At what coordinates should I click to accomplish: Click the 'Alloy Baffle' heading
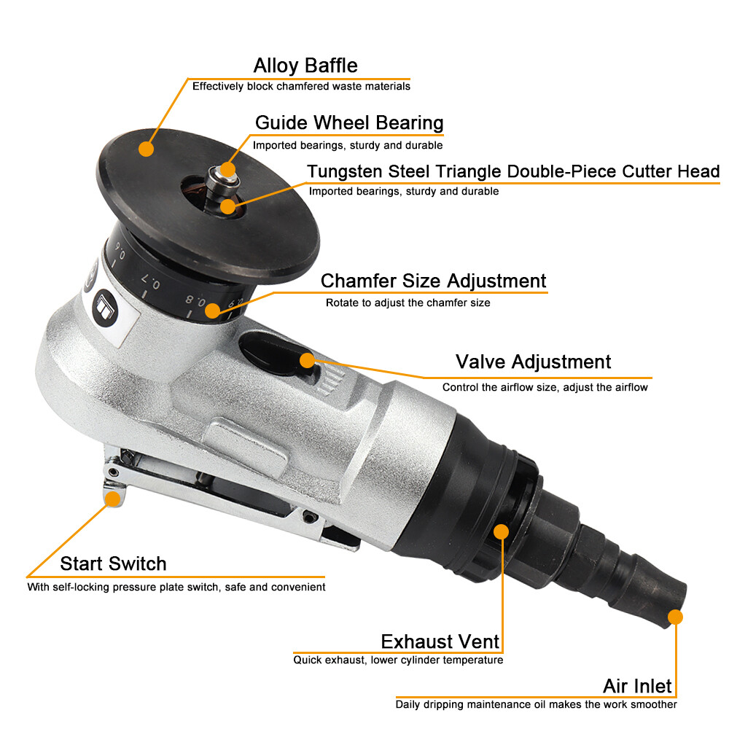[x=305, y=66]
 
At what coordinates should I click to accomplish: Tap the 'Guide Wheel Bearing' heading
[x=349, y=122]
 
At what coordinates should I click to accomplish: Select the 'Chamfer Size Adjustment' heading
[x=433, y=281]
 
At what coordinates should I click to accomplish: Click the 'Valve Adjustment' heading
[x=533, y=362]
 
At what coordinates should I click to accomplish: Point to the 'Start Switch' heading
[x=113, y=564]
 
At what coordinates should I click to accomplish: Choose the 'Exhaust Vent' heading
[x=440, y=642]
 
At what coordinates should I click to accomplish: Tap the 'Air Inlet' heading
[x=637, y=686]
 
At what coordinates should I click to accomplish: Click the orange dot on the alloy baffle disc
[x=147, y=149]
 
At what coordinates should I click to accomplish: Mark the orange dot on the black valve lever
[x=307, y=359]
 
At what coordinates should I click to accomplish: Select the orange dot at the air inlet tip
[x=675, y=617]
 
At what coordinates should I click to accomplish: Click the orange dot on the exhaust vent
[x=501, y=531]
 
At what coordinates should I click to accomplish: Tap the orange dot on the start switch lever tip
[x=112, y=498]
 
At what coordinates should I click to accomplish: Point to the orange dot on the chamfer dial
[x=212, y=311]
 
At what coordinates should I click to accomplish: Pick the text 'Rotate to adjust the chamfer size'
[x=408, y=303]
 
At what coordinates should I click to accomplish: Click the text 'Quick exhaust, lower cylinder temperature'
[x=398, y=660]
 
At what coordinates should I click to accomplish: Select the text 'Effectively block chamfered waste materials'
[x=301, y=86]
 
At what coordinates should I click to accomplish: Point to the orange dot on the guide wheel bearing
[x=228, y=170]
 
